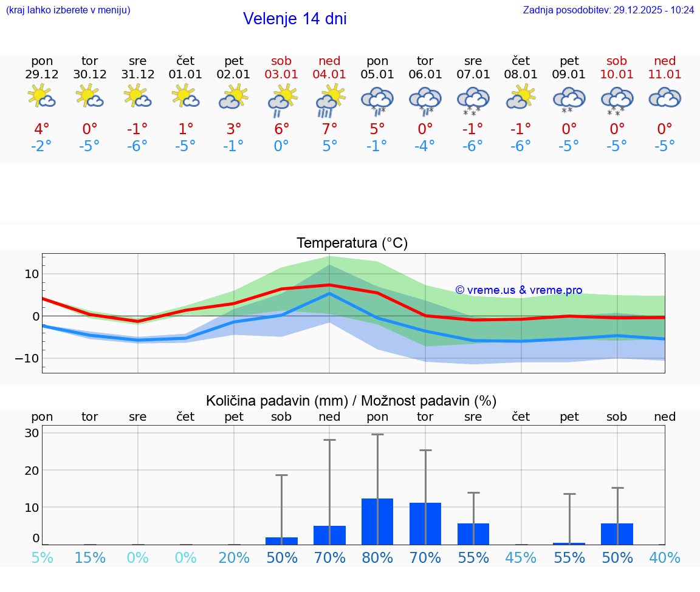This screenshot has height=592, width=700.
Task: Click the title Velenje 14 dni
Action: click(295, 19)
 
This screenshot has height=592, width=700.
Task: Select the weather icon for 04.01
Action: click(330, 100)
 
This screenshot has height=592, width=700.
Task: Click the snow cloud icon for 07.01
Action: click(473, 100)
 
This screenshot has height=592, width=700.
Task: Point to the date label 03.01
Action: click(281, 75)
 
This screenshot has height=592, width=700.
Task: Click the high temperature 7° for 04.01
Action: click(330, 129)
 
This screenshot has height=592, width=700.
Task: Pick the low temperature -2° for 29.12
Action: click(42, 146)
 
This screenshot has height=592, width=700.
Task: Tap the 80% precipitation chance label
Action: click(377, 557)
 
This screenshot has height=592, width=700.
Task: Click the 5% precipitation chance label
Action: click(42, 557)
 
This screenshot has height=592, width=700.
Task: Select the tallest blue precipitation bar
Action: click(377, 522)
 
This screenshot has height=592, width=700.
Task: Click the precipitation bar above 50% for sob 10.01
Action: click(617, 534)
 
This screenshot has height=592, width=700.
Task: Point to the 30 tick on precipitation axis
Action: click(32, 433)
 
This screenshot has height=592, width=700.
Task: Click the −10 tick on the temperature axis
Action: click(27, 358)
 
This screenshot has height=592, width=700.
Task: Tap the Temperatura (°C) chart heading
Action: click(352, 243)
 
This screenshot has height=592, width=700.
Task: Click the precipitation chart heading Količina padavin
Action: click(351, 401)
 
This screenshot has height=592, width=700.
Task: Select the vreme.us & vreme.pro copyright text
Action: click(518, 290)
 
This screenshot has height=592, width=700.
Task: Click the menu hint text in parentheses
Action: click(68, 10)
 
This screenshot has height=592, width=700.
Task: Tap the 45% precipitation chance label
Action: click(521, 557)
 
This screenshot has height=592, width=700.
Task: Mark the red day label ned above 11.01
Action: click(665, 61)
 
